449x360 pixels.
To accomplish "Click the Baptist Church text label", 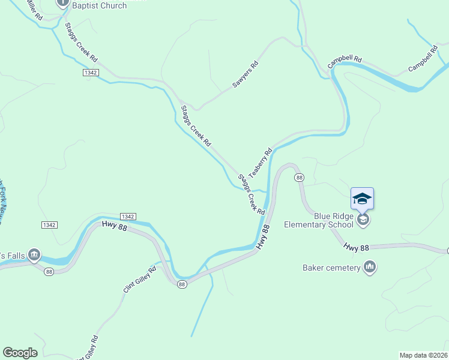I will [99, 5].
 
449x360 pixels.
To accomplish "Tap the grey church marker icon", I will [62, 3].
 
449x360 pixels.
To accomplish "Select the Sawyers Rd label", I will [246, 75].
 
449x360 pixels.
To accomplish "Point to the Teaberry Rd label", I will [261, 162].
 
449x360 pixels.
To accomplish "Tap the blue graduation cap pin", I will [362, 199].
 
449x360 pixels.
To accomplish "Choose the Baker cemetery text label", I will [331, 268].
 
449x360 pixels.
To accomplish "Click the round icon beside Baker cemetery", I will [370, 267].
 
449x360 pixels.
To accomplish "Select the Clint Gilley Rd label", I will [140, 279].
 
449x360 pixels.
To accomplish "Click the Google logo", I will [20, 353].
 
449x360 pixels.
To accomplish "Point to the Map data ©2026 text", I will [423, 355].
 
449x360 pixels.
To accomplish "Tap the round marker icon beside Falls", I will [34, 255].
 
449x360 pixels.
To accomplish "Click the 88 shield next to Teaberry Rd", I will [299, 178].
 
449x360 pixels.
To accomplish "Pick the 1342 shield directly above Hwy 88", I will [128, 216].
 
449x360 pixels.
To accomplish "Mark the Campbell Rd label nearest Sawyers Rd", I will [345, 61].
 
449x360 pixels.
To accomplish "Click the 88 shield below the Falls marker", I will [49, 271].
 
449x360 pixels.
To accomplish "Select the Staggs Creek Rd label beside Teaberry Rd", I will [252, 194].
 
